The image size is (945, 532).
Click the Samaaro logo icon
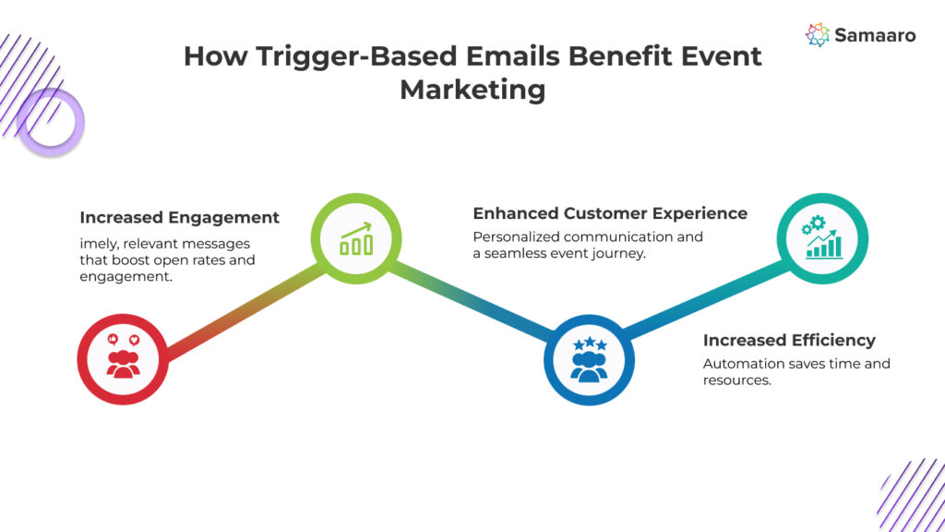point(818,35)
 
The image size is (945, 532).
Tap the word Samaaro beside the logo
point(875,36)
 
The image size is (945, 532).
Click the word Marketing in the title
point(472,90)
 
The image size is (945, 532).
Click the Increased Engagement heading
point(180,217)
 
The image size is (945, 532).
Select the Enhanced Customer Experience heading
point(610,213)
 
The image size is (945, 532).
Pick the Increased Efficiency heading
point(789,340)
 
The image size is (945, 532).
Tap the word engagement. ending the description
point(126,277)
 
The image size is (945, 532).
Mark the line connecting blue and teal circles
point(706,298)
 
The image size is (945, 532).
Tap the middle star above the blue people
point(590,342)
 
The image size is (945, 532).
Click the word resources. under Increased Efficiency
point(737,381)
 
